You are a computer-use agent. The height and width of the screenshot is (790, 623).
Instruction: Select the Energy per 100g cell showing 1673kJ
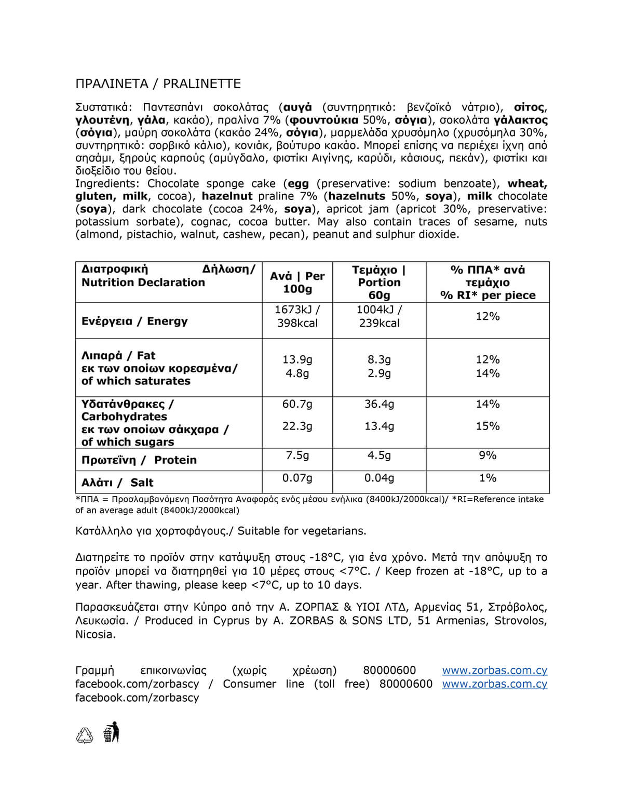297,310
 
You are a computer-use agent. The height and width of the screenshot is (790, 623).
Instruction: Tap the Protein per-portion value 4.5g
379,456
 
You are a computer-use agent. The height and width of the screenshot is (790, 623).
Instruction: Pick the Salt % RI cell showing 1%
487,478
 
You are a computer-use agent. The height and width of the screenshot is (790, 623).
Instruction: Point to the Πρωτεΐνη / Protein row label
139,460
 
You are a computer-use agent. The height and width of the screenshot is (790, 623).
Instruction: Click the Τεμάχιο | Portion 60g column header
379,283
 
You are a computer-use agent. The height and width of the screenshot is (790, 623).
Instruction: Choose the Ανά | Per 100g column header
297,283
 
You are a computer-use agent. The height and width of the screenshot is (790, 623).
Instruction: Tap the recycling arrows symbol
85,734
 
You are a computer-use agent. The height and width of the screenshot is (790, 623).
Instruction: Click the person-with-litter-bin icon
111,732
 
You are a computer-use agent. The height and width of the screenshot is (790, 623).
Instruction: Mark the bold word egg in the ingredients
298,183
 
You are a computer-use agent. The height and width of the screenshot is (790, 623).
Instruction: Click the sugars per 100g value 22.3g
297,426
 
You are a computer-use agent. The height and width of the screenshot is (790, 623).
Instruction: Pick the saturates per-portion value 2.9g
379,373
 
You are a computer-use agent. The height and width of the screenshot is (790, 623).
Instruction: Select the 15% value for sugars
487,426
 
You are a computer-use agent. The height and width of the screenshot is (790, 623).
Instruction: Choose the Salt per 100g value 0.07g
297,478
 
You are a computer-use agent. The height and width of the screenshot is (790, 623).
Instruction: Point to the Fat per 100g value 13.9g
297,359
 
